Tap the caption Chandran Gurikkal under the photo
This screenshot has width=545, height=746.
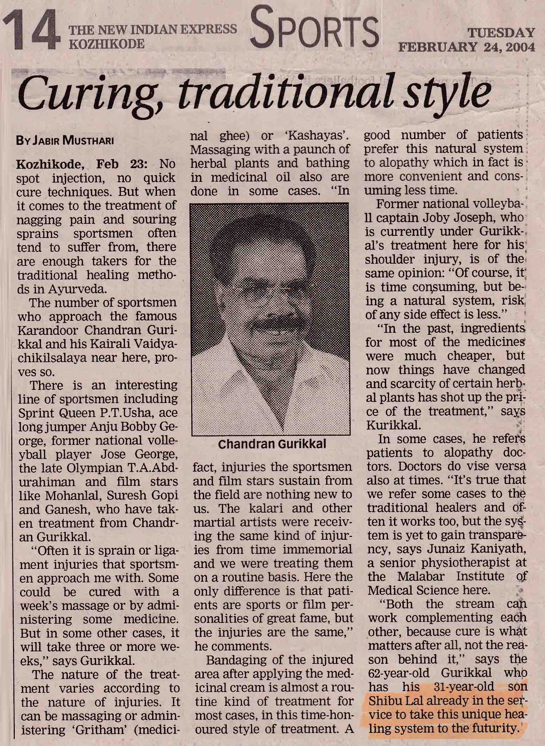point(272,444)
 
